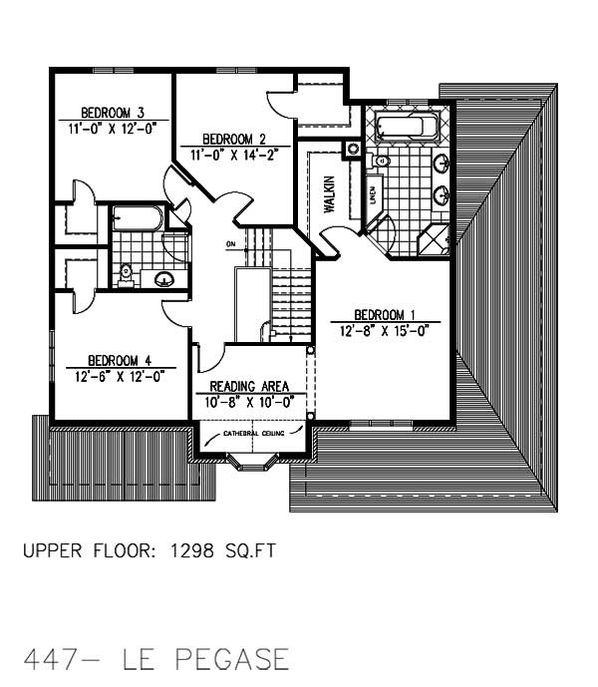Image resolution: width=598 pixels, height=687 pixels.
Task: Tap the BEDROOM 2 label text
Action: click(233, 139)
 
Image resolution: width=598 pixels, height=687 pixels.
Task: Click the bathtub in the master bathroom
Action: click(406, 128)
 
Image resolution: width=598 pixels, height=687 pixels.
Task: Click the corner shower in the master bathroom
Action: click(435, 239)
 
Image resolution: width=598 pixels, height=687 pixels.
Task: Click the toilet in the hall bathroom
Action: click(126, 271)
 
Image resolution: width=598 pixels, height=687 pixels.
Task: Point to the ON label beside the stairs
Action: click(230, 244)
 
